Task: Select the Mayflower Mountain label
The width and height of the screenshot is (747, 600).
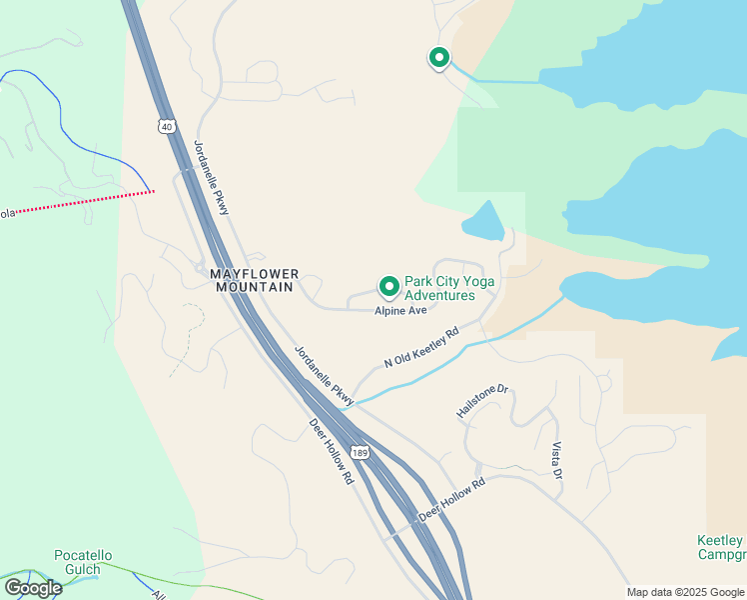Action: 252,279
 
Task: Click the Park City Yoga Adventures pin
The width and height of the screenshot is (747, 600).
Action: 388,287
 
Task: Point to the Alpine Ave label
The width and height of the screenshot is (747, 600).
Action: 400,311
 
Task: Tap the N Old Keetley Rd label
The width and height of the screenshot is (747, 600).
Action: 421,347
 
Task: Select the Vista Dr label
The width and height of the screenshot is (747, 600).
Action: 556,459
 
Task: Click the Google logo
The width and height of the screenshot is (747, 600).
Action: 33,588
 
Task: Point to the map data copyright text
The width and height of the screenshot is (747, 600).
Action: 685,592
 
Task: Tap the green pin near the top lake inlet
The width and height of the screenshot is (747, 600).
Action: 438,58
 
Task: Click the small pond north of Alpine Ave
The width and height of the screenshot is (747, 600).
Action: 483,222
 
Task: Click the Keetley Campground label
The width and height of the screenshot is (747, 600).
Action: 720,547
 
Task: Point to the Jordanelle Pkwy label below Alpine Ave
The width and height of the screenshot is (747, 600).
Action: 324,374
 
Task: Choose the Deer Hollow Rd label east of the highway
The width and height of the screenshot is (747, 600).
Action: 451,499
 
